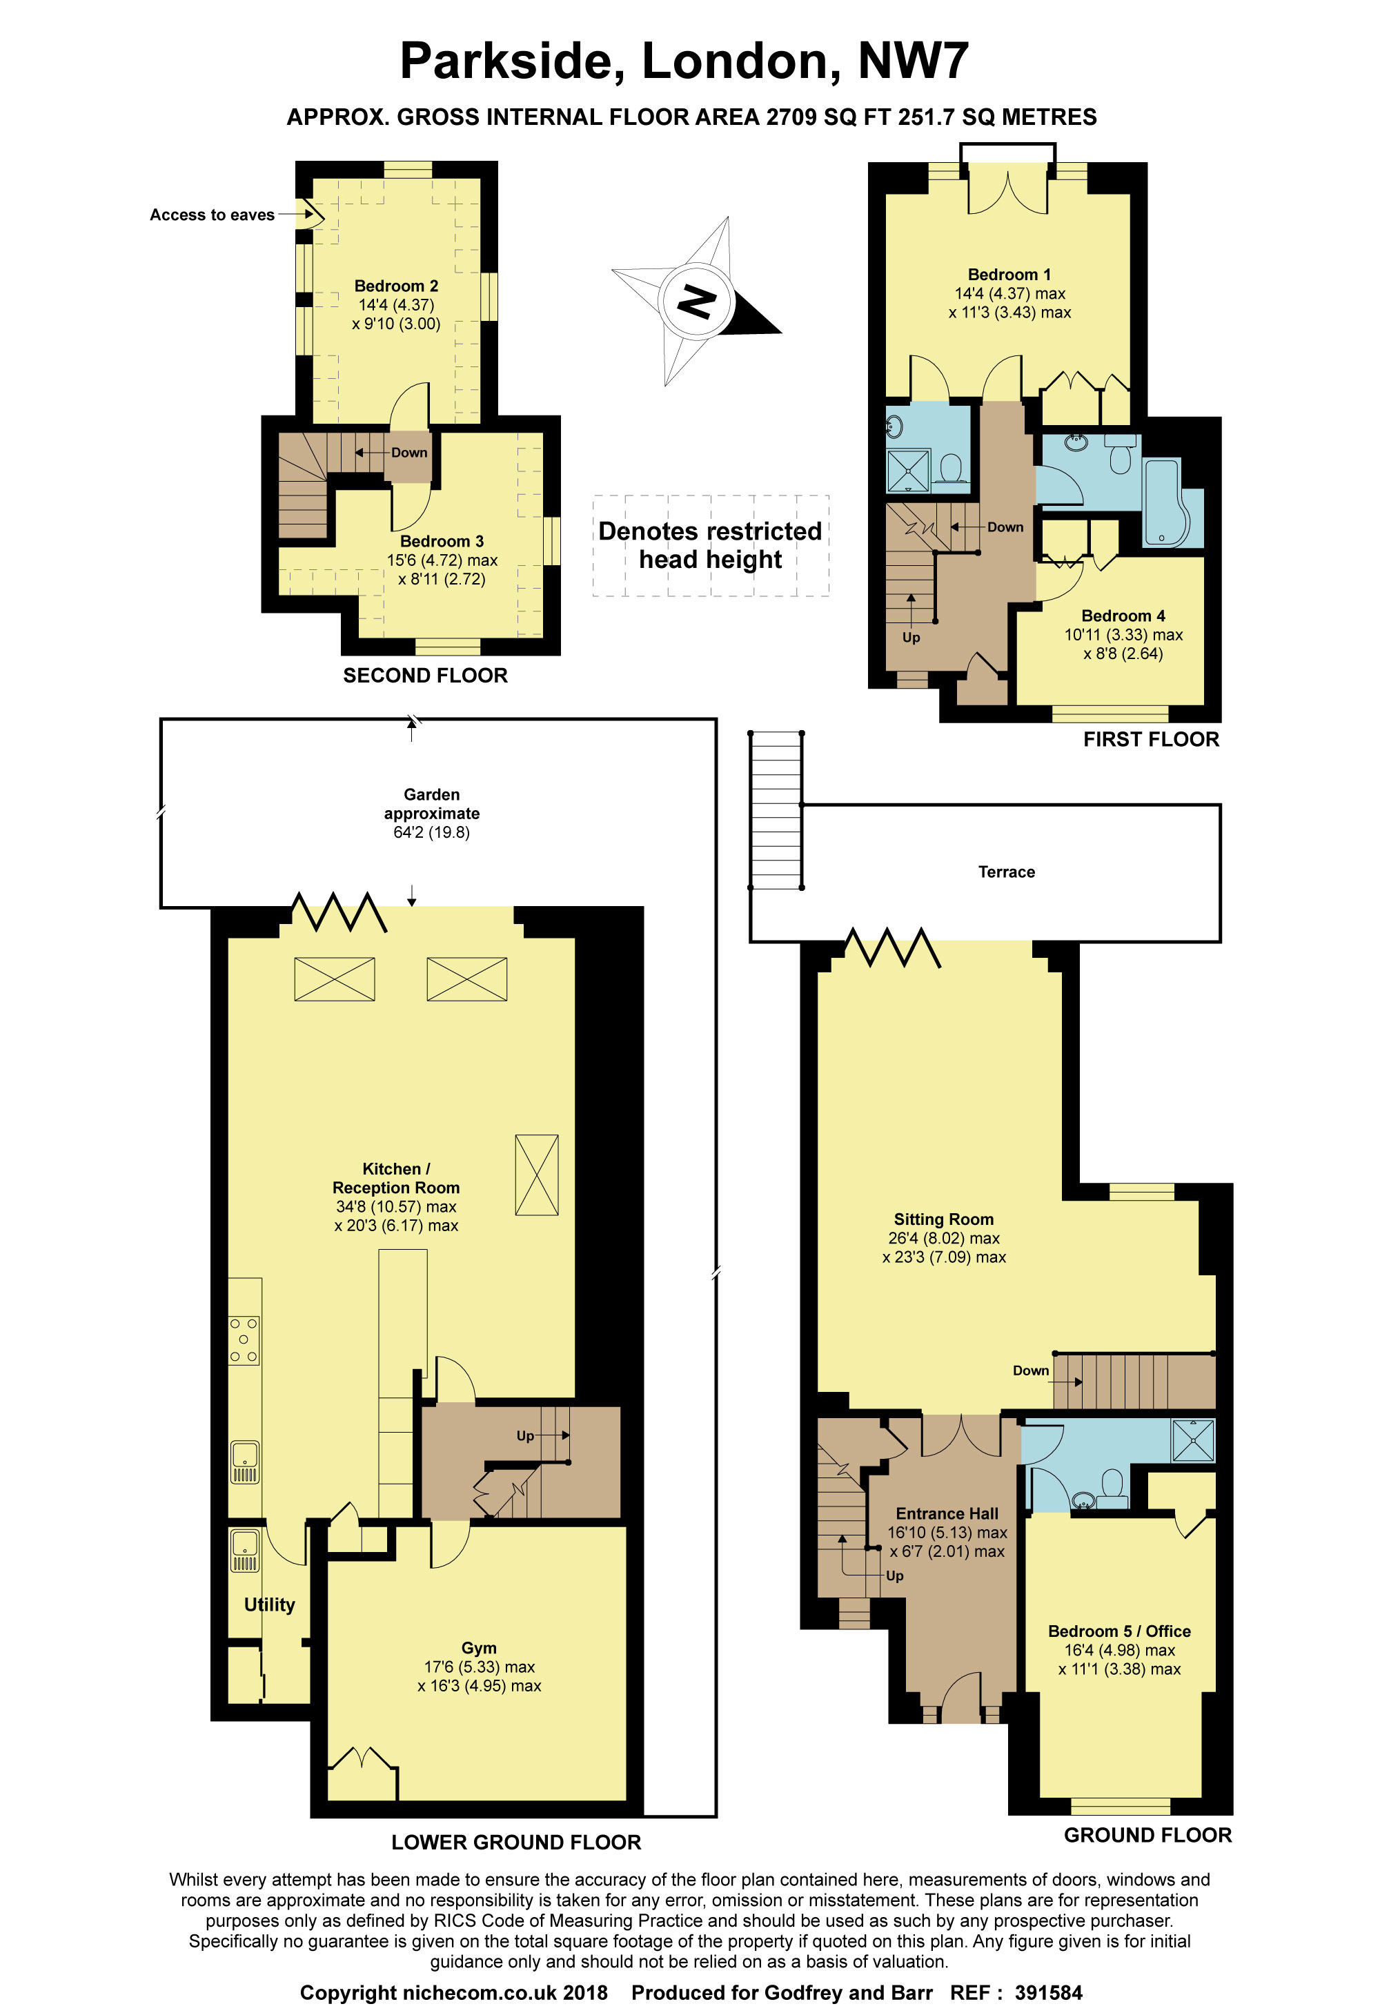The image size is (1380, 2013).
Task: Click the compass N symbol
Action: click(x=696, y=301)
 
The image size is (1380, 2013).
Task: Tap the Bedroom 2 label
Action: click(x=396, y=286)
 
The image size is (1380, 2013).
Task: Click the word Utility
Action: click(x=269, y=1604)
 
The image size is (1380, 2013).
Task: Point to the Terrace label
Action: click(x=1007, y=872)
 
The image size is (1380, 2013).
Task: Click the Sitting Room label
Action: click(x=943, y=1219)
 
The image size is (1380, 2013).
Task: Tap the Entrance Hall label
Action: click(x=947, y=1513)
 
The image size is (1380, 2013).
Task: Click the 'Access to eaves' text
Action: click(x=213, y=215)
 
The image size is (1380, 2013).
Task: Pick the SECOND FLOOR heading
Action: click(x=425, y=676)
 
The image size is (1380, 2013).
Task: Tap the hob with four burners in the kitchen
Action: click(x=244, y=1340)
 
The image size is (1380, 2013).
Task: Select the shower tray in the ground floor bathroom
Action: click(x=1194, y=1440)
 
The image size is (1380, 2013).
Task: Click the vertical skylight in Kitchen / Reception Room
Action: click(x=537, y=1175)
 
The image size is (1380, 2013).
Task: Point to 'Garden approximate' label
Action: click(x=431, y=804)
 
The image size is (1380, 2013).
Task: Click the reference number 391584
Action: click(x=1048, y=1993)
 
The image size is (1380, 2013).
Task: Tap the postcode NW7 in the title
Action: click(x=913, y=61)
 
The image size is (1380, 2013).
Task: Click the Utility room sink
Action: click(x=244, y=1549)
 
